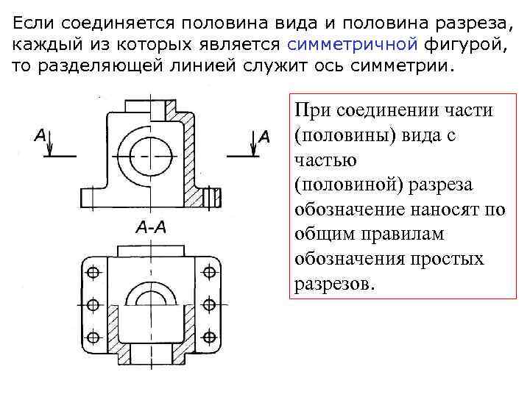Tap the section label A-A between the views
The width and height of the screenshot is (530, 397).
(152, 227)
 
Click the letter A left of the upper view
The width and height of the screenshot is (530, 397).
(41, 136)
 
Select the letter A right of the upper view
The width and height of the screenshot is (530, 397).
(264, 136)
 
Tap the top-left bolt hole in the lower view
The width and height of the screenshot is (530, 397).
(93, 272)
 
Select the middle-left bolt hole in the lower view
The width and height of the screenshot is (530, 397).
(93, 304)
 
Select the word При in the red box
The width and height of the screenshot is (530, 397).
(311, 110)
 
